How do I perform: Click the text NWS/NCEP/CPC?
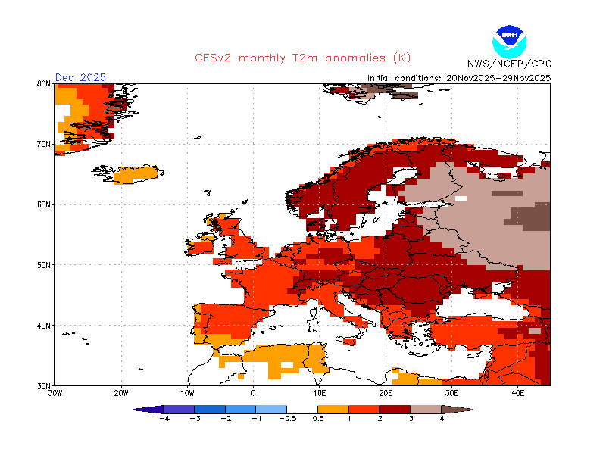(x=510, y=64)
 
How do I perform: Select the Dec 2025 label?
(x=80, y=77)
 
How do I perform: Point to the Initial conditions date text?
(x=459, y=77)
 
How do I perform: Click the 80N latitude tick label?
(x=43, y=83)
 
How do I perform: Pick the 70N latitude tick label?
(x=43, y=144)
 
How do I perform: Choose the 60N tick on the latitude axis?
(x=43, y=204)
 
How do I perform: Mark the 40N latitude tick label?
(x=43, y=326)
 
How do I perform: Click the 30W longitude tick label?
(x=55, y=393)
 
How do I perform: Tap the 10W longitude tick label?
(x=188, y=393)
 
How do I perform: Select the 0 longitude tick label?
(x=254, y=393)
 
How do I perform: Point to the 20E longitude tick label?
(x=386, y=393)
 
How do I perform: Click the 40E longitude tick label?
(x=518, y=393)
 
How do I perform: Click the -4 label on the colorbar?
(x=163, y=418)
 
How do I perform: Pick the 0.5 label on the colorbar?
(x=318, y=418)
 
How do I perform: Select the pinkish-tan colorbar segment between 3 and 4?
(x=426, y=409)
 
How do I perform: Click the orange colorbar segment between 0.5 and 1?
(x=333, y=409)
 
